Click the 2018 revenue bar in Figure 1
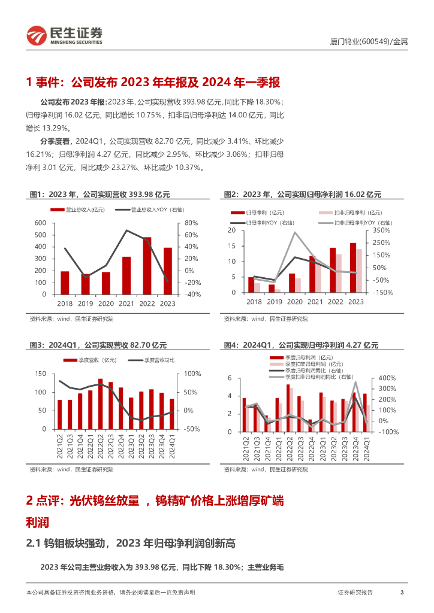pos(65,283)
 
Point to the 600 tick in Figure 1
pos(41,223)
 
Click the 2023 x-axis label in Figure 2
pos(356,302)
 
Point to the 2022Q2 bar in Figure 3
pos(100,404)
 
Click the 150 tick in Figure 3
pos(41,374)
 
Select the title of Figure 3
pos(98,345)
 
